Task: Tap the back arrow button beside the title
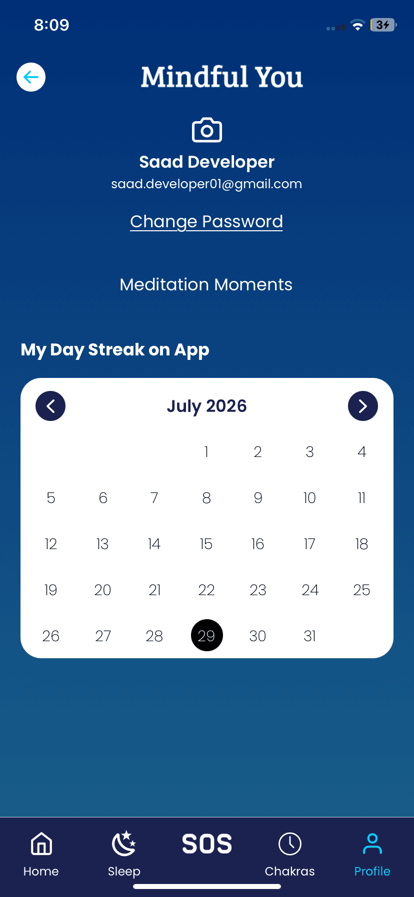(31, 77)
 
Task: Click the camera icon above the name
(207, 130)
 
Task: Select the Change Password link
(206, 222)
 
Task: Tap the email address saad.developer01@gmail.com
(206, 184)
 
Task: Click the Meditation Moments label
(206, 284)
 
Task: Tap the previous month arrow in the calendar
(50, 406)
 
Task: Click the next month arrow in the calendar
(363, 406)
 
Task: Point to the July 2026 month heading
(207, 406)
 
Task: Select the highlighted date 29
(207, 635)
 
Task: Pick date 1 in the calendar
(206, 452)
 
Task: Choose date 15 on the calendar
(206, 544)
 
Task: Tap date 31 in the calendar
(310, 636)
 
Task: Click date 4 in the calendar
(362, 452)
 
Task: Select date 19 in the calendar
(51, 590)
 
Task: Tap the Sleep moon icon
(124, 844)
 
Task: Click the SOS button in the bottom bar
(207, 844)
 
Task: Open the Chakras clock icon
(290, 844)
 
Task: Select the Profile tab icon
(372, 844)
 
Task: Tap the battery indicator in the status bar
(383, 25)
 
